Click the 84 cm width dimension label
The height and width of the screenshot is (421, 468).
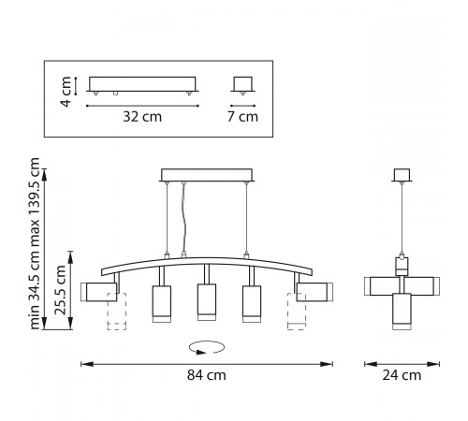(207, 375)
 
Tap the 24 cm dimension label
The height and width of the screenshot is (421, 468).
(402, 375)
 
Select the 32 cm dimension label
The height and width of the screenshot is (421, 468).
(142, 117)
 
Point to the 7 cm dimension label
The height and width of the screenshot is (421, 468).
(242, 117)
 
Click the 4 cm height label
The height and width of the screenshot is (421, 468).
(66, 92)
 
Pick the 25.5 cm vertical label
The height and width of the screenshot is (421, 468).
(60, 290)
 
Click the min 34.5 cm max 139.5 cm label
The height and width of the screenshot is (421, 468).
(35, 243)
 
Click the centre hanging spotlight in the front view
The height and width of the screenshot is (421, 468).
(207, 302)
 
